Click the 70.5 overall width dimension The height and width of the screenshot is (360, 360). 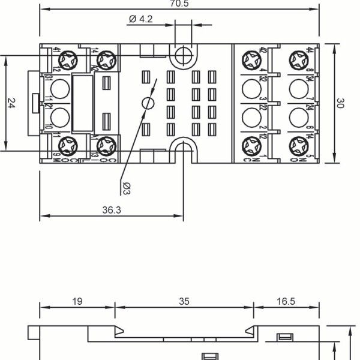click(x=178, y=2)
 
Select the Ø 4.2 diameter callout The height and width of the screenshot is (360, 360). click(x=141, y=19)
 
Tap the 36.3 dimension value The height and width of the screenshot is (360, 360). click(x=112, y=210)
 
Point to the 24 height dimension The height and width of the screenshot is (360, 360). click(x=11, y=103)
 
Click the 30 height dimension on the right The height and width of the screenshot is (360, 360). click(x=340, y=103)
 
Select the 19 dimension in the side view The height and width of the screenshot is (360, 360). click(x=77, y=301)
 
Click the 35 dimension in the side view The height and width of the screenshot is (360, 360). click(x=184, y=301)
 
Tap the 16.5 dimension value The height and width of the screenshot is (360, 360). click(x=286, y=301)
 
